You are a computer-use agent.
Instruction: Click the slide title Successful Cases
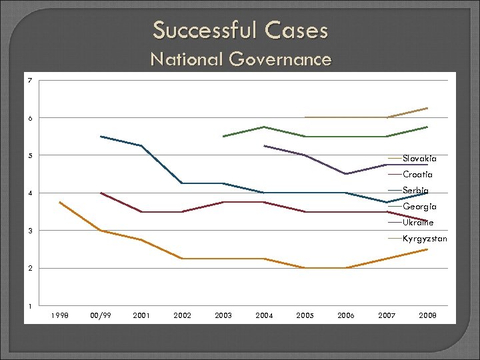(240, 31)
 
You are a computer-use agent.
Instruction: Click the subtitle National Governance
(240, 59)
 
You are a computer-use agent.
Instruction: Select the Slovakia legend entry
(419, 159)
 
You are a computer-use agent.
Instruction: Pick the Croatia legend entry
(417, 175)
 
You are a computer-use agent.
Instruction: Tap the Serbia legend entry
(415, 191)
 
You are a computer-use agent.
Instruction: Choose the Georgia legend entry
(419, 207)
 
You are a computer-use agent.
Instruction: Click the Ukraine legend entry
(418, 223)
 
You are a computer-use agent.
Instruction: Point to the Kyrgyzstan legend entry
(425, 239)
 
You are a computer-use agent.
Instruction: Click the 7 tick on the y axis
(29, 80)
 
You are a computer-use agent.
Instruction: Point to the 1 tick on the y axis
(29, 306)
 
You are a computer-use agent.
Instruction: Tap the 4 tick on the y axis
(29, 193)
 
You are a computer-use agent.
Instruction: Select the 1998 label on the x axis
(59, 315)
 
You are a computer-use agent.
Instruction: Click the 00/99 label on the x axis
(100, 315)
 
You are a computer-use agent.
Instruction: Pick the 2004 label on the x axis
(264, 315)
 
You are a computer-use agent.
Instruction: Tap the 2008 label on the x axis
(428, 315)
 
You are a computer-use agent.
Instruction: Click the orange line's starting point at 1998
(59, 202)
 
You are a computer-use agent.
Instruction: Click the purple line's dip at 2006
(345, 174)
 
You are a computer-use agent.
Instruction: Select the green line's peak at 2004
(264, 127)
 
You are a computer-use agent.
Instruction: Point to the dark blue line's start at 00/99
(100, 136)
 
